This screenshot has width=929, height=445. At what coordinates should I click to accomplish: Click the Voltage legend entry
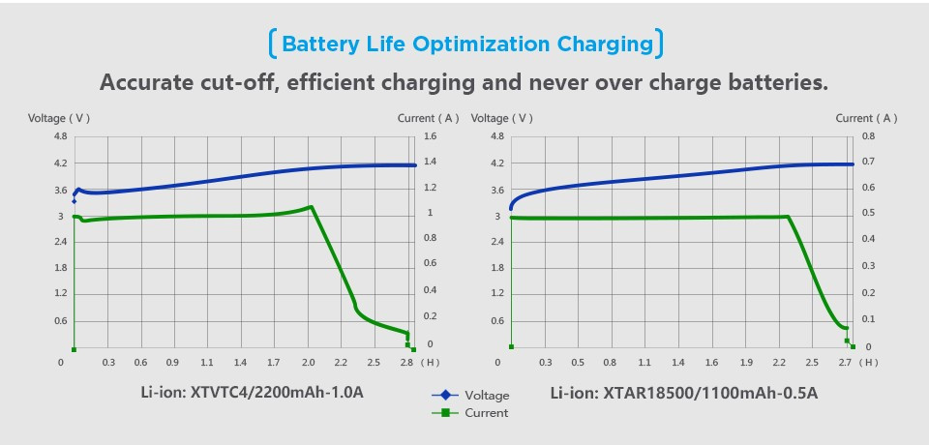[x=486, y=395]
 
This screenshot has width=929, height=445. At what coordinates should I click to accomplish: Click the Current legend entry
[x=486, y=413]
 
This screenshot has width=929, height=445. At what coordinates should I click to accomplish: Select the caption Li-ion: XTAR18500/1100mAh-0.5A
[x=684, y=393]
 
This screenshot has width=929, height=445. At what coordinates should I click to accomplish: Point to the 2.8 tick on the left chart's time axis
[x=405, y=363]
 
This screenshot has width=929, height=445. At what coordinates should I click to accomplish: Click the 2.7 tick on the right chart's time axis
[x=844, y=363]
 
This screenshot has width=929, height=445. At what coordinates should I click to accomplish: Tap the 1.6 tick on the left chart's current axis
[x=431, y=136]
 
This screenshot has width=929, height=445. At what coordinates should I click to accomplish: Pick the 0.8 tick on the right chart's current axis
[x=868, y=136]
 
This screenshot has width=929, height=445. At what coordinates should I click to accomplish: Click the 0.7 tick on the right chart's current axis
[x=868, y=163]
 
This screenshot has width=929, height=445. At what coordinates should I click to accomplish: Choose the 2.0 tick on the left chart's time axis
[x=308, y=363]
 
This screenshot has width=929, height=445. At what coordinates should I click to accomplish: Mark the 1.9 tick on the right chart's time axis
[x=746, y=363]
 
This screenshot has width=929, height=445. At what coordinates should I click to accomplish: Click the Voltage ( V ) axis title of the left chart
[x=58, y=118]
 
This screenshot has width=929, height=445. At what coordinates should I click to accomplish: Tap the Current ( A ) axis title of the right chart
[x=866, y=118]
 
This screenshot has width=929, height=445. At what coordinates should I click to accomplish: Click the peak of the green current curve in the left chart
[x=311, y=206]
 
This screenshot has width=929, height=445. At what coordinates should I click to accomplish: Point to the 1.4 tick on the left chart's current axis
[x=431, y=163]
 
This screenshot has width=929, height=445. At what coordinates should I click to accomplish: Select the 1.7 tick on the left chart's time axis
[x=274, y=363]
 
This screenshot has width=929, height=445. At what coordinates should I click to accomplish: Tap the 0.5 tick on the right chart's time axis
[x=578, y=363]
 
